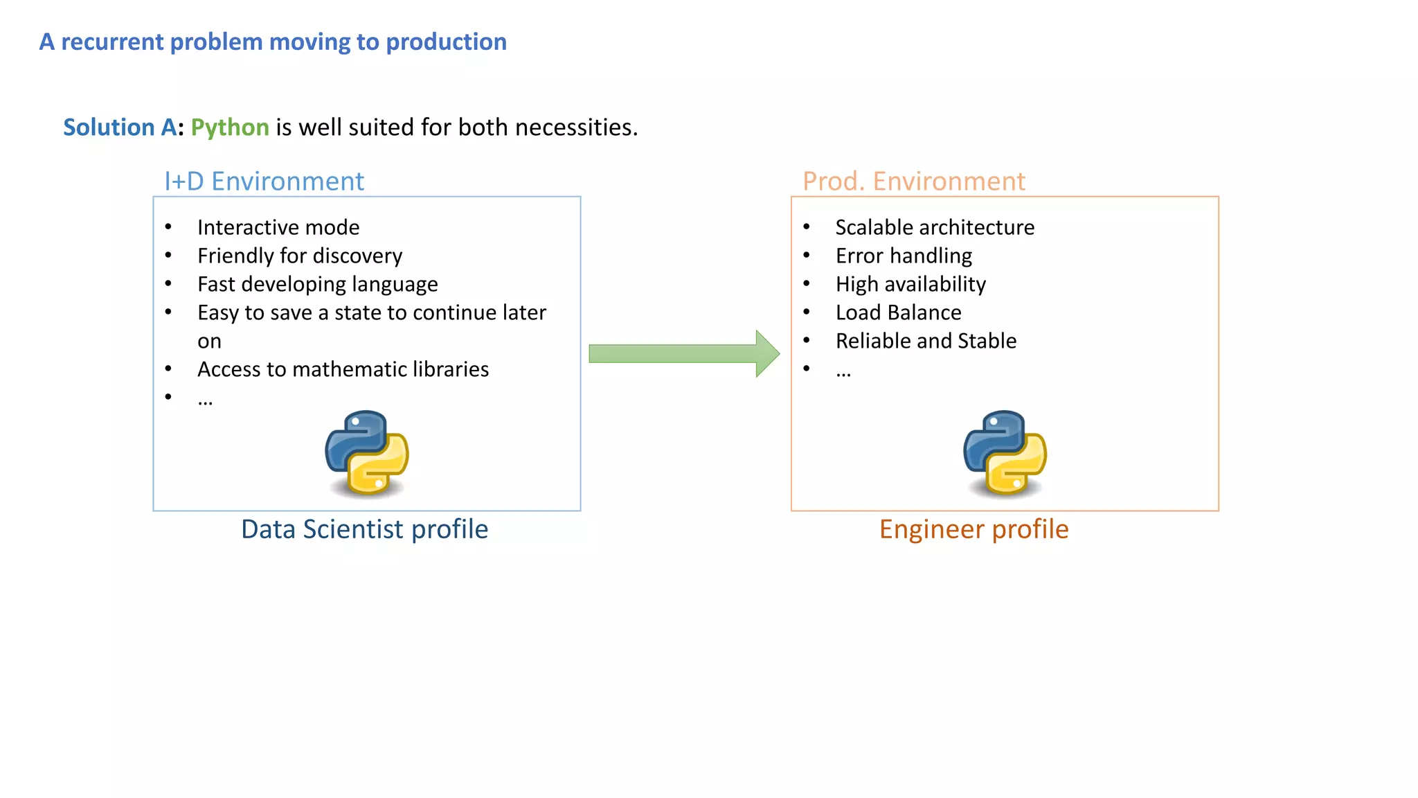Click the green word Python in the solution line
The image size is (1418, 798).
tap(229, 127)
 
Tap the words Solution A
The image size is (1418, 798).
tap(119, 127)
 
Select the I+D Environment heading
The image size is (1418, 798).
tap(264, 181)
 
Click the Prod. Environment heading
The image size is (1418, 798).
tap(913, 181)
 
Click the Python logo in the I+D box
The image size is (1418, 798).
tap(367, 453)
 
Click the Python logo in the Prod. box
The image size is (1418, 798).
tap(1005, 453)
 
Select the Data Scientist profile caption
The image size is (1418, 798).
tap(364, 529)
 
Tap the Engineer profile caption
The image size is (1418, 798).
tap(973, 529)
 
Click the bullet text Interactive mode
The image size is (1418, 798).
tap(278, 227)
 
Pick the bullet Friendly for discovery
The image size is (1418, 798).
tap(300, 256)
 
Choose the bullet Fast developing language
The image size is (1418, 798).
tap(317, 284)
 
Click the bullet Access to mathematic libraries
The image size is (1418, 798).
tap(343, 369)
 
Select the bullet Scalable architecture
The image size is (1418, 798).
tap(935, 227)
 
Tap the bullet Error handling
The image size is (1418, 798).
tap(904, 256)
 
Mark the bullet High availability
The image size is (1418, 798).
tap(910, 284)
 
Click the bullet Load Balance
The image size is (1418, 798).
tap(898, 312)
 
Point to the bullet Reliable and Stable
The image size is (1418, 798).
tap(926, 341)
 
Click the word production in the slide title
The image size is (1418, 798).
tap(446, 42)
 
